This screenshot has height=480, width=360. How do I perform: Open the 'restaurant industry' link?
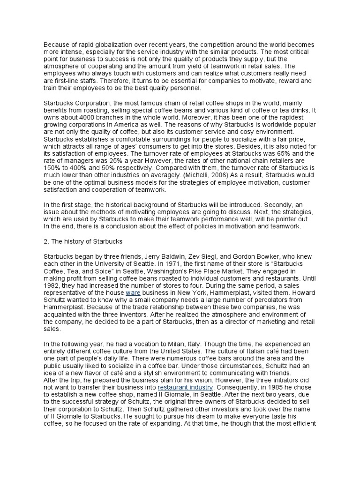(185, 388)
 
